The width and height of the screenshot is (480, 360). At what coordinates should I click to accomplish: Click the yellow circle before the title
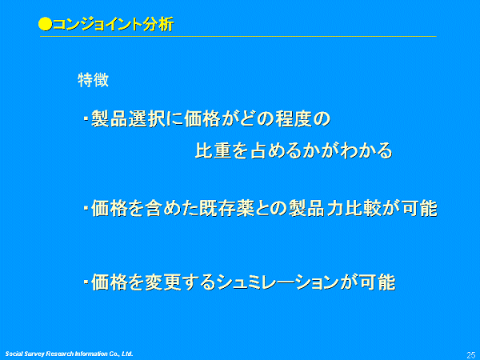click(x=46, y=25)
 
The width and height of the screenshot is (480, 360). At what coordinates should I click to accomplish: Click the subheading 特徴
click(x=94, y=80)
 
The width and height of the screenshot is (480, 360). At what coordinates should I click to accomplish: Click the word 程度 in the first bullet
click(x=294, y=118)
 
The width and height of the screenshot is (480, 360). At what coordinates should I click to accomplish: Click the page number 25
click(x=471, y=354)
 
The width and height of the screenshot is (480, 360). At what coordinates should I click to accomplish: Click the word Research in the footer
click(x=60, y=354)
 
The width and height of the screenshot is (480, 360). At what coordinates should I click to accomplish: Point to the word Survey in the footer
click(x=34, y=354)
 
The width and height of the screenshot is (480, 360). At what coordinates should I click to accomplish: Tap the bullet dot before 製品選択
click(x=86, y=118)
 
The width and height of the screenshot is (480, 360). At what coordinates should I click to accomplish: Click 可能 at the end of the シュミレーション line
click(x=378, y=282)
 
